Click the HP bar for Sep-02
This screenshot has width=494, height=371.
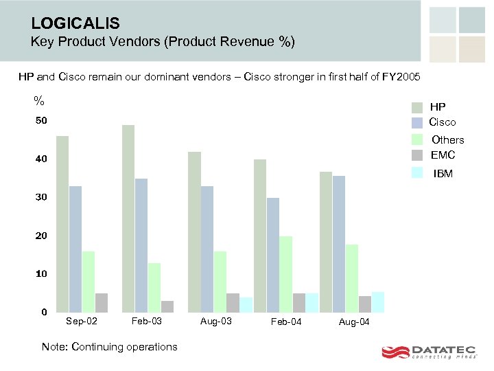[x=62, y=224]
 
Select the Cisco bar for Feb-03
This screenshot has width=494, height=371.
[x=141, y=245]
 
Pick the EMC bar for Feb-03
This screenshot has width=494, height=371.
[x=167, y=306]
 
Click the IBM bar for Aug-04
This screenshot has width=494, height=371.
[x=377, y=302]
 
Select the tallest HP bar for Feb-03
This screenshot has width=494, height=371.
[x=128, y=218]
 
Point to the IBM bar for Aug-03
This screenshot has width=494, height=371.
[x=246, y=304]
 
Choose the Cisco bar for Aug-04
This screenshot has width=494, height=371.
[x=339, y=244]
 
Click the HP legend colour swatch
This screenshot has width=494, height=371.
[x=417, y=107]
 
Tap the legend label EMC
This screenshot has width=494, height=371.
[x=443, y=155]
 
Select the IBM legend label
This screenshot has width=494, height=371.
[x=443, y=174]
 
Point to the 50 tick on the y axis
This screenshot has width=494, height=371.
[x=42, y=122]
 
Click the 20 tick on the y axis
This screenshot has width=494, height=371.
[x=42, y=236]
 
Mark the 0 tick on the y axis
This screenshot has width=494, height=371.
[x=44, y=313]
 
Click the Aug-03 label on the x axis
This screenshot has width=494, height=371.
[x=215, y=322]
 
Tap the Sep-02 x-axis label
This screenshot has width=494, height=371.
[x=82, y=322]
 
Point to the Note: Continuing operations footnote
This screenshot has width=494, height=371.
[x=109, y=347]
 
